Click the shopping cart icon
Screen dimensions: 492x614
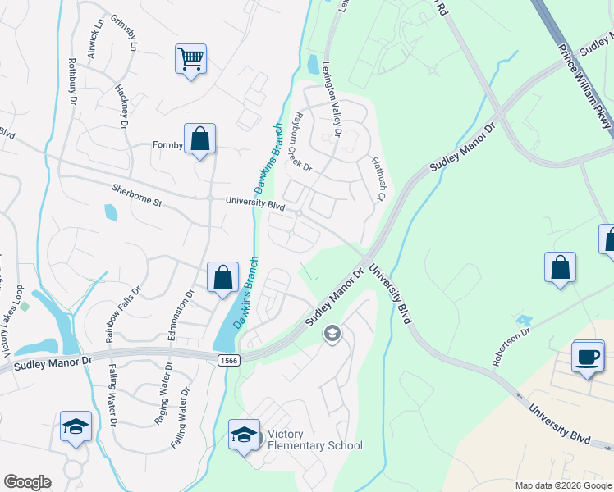tap(190, 59)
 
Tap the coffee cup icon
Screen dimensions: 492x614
tap(588, 358)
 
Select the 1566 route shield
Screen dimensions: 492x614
tap(229, 360)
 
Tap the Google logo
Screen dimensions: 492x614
tap(27, 482)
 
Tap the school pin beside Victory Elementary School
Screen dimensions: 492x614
tap(244, 435)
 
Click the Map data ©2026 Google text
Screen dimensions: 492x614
tap(562, 485)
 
